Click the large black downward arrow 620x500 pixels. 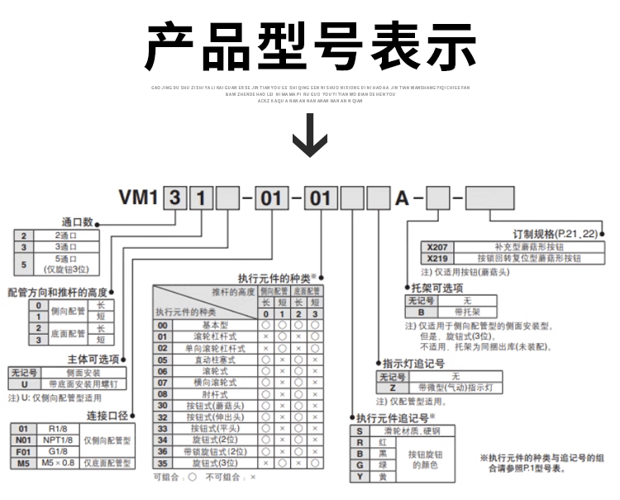point(310,134)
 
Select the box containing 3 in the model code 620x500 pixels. point(175,199)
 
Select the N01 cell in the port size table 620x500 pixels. point(23,440)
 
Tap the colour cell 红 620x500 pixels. point(382,443)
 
